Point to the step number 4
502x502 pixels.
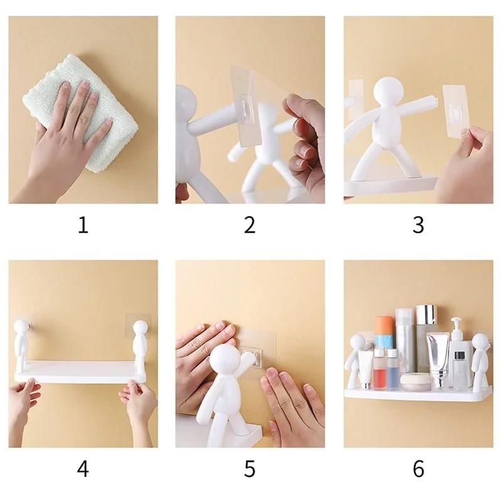pos(83,468)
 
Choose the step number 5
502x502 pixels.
pos(250,468)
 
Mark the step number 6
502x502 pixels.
pos(418,468)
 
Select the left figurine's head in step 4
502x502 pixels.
pos(23,327)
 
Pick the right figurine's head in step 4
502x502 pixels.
pos(141,327)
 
